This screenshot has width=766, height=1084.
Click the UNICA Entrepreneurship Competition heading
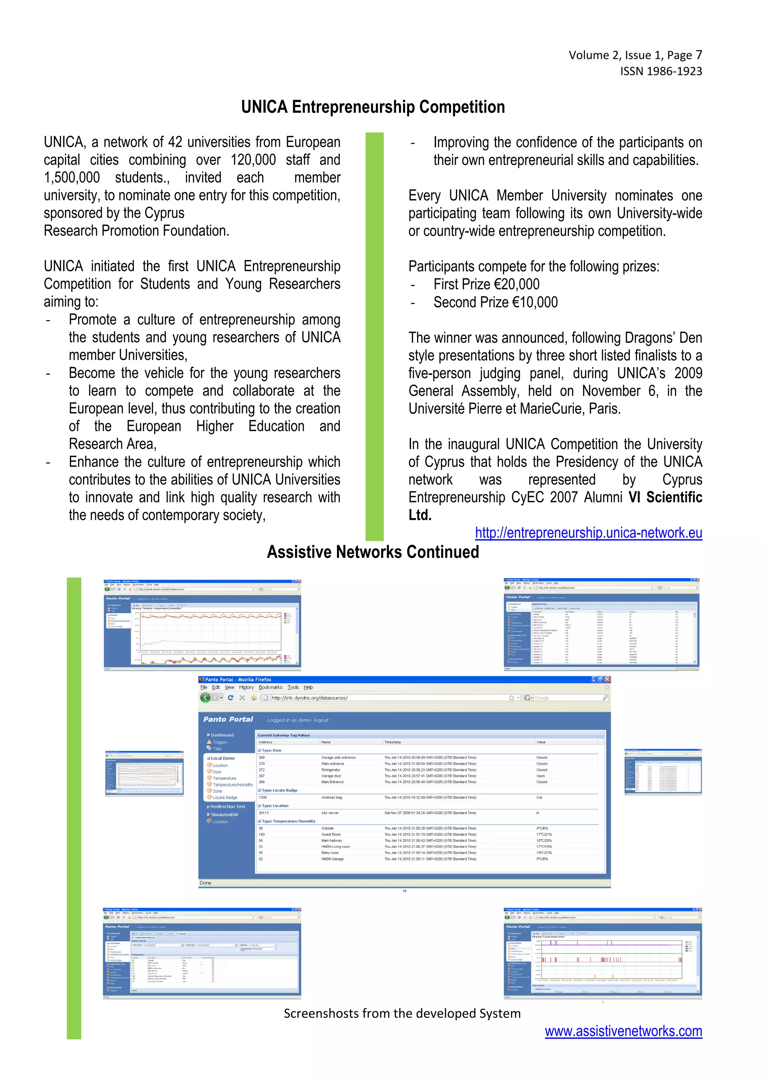click(373, 107)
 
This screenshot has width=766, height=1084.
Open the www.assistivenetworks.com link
click(623, 1031)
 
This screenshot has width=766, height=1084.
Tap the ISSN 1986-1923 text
click(661, 71)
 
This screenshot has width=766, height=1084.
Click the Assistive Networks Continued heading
click(373, 552)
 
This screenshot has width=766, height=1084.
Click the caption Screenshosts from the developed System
click(402, 1013)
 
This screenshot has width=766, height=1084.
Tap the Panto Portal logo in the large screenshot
click(228, 719)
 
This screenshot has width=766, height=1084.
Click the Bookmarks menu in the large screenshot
click(270, 687)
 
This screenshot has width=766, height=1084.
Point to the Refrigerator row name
click(331, 770)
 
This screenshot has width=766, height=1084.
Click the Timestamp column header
click(393, 742)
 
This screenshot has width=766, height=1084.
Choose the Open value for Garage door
click(540, 776)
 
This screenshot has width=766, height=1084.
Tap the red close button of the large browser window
click(607, 680)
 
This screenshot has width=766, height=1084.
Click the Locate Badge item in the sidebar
click(225, 797)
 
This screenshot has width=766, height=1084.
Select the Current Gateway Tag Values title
click(284, 735)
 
